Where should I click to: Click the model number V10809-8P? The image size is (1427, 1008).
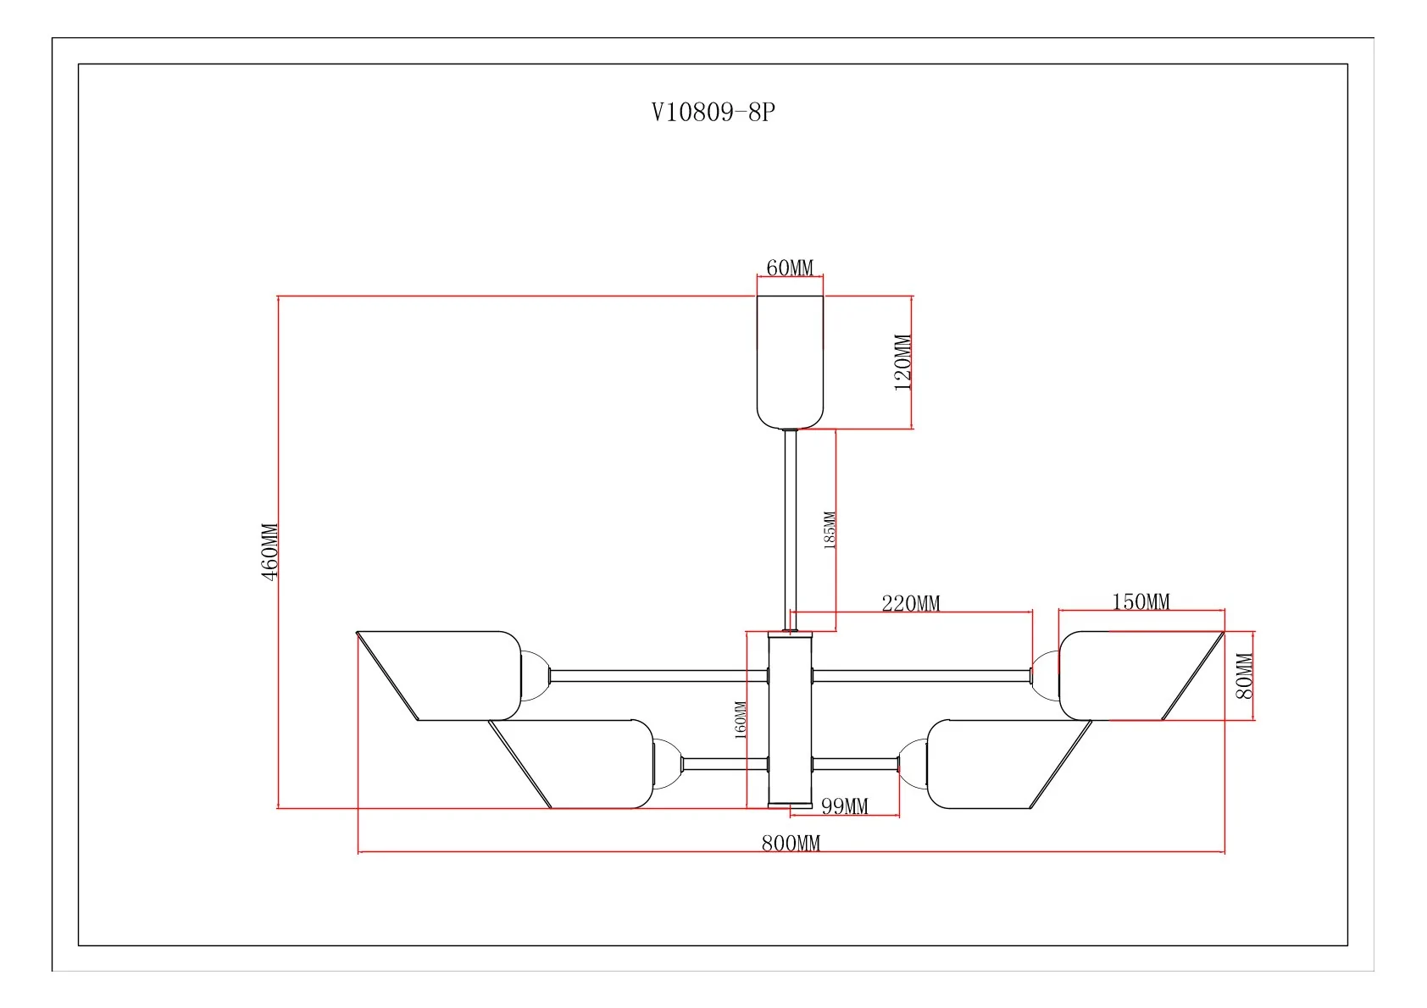(713, 112)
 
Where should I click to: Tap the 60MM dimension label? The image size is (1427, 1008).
(789, 268)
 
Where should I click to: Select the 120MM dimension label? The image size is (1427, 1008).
(902, 363)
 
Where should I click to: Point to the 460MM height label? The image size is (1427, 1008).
(269, 551)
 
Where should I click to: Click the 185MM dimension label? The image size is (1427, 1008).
(829, 530)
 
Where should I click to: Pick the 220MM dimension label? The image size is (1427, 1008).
(910, 603)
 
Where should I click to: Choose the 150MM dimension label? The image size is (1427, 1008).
(1141, 601)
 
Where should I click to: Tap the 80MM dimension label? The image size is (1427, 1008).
(1243, 676)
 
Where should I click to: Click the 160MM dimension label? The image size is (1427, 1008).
(740, 719)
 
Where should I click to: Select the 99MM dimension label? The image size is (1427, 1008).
(844, 806)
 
